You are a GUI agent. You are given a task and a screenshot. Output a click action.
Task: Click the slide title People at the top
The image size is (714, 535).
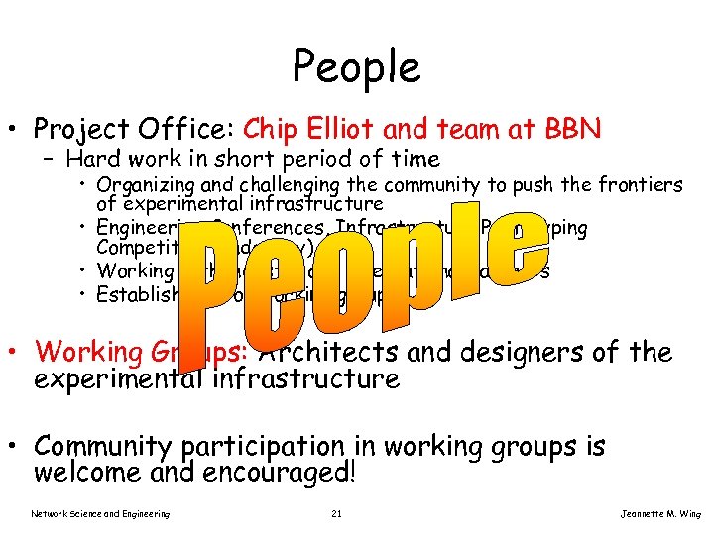[x=356, y=66]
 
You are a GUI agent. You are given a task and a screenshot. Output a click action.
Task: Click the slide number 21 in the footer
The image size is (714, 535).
[x=337, y=513]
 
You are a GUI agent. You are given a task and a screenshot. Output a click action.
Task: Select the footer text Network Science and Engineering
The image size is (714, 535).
[x=100, y=513]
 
